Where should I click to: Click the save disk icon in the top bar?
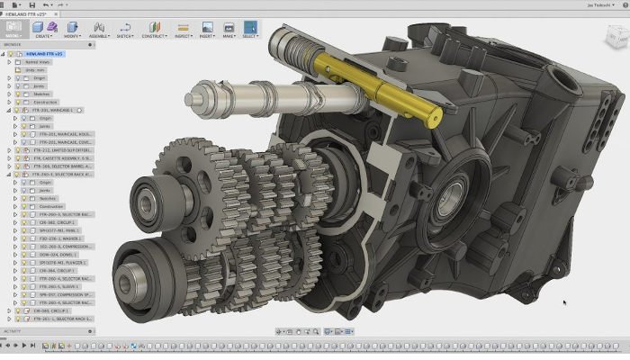pos(32,5)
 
